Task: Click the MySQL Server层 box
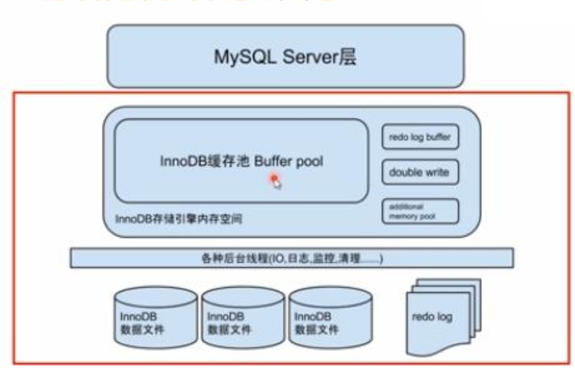[x=285, y=57]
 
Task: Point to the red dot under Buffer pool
[x=273, y=178]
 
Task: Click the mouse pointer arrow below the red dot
[x=278, y=185]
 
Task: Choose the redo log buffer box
[x=419, y=137]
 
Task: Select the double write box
[x=419, y=173]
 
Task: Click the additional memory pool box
[x=419, y=210]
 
